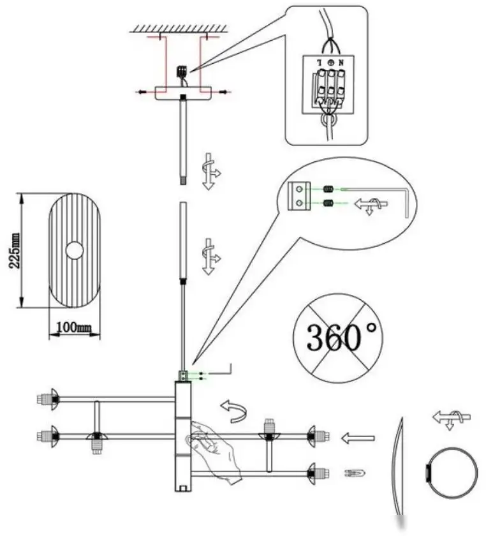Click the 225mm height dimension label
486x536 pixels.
tap(15, 251)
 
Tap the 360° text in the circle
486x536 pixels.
tap(342, 337)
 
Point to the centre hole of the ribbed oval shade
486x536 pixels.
tap(75, 250)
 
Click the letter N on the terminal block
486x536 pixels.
tap(341, 63)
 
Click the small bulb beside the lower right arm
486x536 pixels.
tap(355, 473)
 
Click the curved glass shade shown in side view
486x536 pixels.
tap(399, 466)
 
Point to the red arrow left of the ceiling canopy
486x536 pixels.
tap(145, 92)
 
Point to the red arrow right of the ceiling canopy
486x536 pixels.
tap(221, 92)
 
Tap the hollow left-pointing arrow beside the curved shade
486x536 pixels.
tap(358, 438)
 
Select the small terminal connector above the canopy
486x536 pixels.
tap(182, 71)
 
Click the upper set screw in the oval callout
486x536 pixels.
tap(329, 188)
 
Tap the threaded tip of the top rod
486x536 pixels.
tap(184, 181)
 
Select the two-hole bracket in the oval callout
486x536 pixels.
tap(298, 196)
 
